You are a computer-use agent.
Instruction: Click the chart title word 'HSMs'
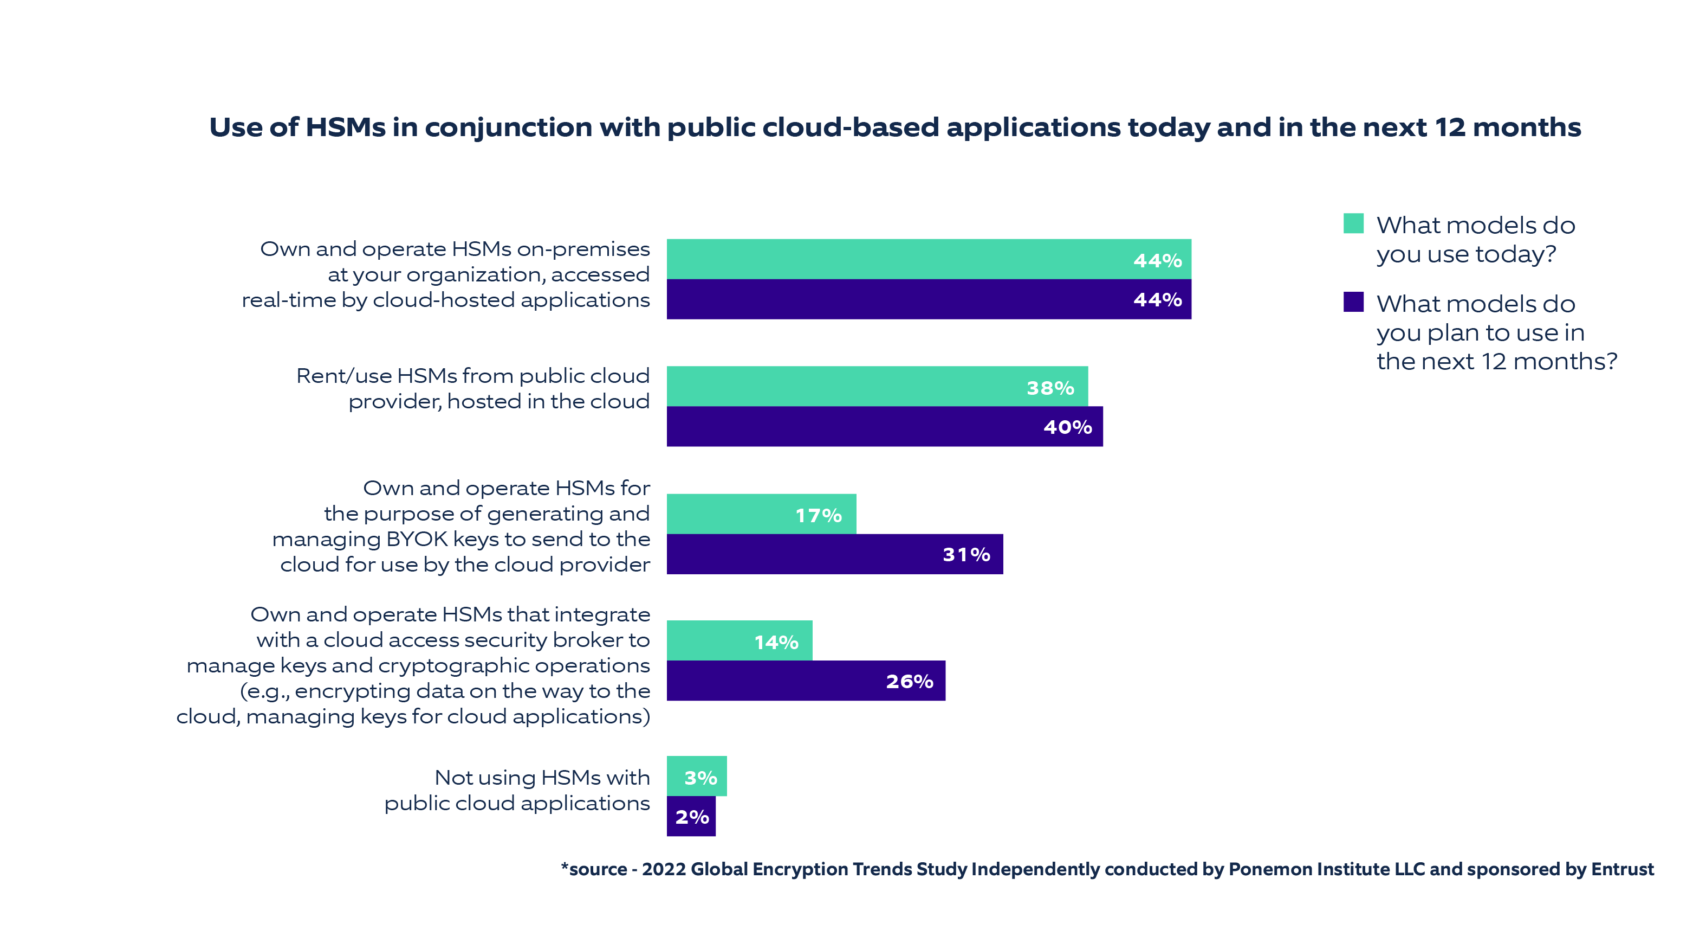tap(345, 127)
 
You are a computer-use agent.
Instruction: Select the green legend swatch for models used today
tap(1353, 223)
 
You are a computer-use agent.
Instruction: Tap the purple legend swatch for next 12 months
tap(1353, 302)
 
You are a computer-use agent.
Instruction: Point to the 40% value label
tap(1067, 427)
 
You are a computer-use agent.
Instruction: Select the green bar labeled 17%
tap(761, 514)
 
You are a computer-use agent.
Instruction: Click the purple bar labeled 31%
tap(835, 554)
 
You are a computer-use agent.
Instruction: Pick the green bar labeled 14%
tap(740, 640)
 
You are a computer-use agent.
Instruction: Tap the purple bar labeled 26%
tap(806, 681)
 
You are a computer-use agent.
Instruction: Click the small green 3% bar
tap(697, 777)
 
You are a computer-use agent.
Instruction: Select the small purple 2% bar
tap(691, 817)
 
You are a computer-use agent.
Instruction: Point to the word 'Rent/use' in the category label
tap(343, 376)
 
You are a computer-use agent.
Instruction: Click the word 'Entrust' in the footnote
tap(1622, 869)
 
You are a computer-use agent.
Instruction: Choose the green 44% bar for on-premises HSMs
tap(929, 259)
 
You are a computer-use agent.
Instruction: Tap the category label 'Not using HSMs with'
tap(542, 778)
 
